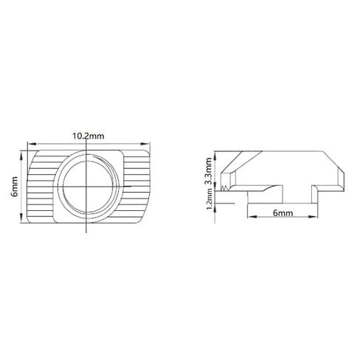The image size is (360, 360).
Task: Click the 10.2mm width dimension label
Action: [88, 136]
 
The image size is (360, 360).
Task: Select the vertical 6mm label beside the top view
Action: [15, 187]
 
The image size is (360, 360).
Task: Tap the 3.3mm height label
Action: [209, 171]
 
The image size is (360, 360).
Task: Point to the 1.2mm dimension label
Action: [209, 199]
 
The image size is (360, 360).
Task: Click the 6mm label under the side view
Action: [283, 212]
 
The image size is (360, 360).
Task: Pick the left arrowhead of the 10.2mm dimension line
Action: [31, 144]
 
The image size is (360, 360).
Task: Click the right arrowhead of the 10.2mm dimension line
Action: [145, 144]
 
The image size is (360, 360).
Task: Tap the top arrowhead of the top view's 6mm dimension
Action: [21, 155]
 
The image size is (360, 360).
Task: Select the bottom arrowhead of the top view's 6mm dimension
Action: [21, 218]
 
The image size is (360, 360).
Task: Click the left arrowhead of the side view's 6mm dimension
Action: [252, 216]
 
